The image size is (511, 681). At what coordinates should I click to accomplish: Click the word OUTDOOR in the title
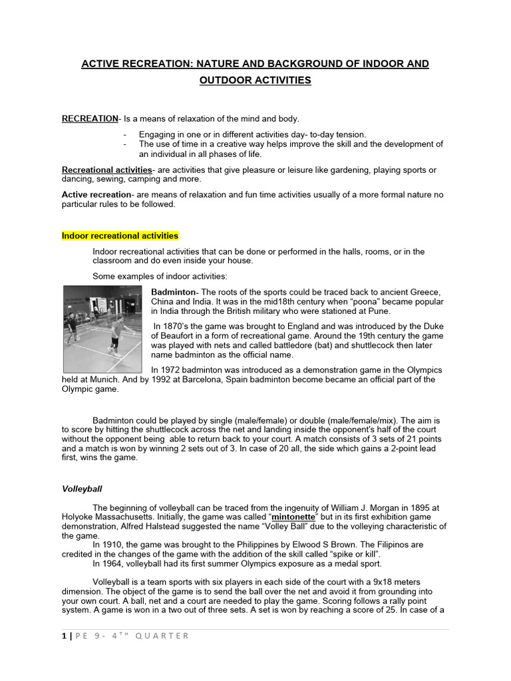click(x=223, y=80)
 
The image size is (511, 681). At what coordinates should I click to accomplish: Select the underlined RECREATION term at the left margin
click(x=89, y=119)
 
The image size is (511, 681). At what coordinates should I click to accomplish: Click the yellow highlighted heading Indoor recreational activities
click(x=120, y=236)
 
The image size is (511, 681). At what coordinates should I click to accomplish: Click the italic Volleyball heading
click(x=82, y=489)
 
